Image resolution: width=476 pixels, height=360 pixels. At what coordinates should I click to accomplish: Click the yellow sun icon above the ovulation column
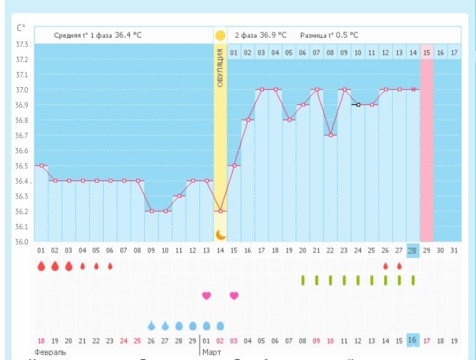click(x=220, y=34)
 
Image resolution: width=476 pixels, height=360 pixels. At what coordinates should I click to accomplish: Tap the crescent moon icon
click(x=220, y=234)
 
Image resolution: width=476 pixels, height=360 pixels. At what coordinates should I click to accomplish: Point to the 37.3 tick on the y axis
click(x=22, y=44)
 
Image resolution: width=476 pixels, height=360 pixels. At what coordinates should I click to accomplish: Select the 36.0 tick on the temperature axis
click(x=22, y=242)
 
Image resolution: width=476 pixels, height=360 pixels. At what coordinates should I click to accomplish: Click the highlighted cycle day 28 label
click(x=413, y=252)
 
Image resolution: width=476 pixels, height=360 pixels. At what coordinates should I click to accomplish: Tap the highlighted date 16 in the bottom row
click(x=413, y=340)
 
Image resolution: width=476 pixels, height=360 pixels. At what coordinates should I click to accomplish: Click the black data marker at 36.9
click(x=358, y=104)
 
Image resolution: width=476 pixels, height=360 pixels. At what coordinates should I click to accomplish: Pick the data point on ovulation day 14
click(x=220, y=211)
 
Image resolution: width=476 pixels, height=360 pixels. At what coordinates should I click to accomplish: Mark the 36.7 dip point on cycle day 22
click(x=330, y=135)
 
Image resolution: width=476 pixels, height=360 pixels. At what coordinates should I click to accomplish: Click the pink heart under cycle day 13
click(x=206, y=295)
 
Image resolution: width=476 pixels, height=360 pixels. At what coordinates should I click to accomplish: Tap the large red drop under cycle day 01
click(x=41, y=266)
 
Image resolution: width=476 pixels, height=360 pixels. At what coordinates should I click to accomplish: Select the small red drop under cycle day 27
click(x=399, y=266)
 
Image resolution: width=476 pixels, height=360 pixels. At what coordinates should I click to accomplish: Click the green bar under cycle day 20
click(x=303, y=280)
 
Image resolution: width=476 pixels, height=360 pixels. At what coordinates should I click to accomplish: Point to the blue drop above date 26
click(x=151, y=325)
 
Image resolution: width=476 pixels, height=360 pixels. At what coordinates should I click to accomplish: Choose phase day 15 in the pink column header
click(x=426, y=52)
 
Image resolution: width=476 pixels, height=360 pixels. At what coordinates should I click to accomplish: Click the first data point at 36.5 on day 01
click(x=41, y=166)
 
